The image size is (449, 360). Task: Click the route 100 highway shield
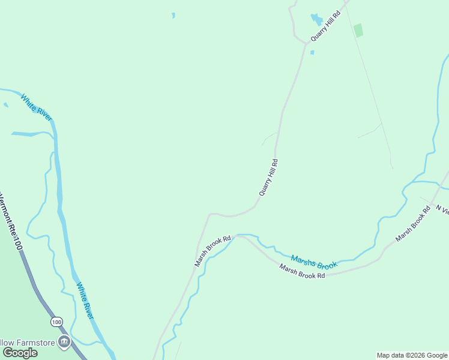tap(56, 322)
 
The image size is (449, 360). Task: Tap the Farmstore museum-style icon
tap(64, 343)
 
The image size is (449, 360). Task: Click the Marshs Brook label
tap(314, 261)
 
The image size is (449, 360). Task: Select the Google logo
tap(20, 353)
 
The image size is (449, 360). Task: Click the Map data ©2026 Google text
tap(412, 355)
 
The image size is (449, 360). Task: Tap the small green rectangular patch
tap(358, 31)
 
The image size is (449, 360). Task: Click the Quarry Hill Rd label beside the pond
tap(325, 25)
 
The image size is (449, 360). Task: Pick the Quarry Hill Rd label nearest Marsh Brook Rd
tap(269, 177)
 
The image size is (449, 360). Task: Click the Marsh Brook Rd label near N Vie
tap(413, 225)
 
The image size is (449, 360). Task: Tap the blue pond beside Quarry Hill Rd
tap(316, 20)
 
